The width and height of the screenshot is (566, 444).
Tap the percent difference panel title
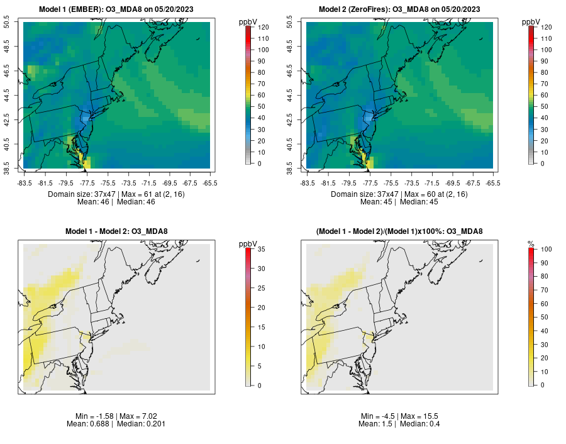tap(399, 231)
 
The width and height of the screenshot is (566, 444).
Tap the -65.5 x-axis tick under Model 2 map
tap(492, 183)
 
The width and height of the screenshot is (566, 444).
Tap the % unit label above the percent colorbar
tap(531, 244)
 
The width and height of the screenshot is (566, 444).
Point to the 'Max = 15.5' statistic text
tap(421, 416)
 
